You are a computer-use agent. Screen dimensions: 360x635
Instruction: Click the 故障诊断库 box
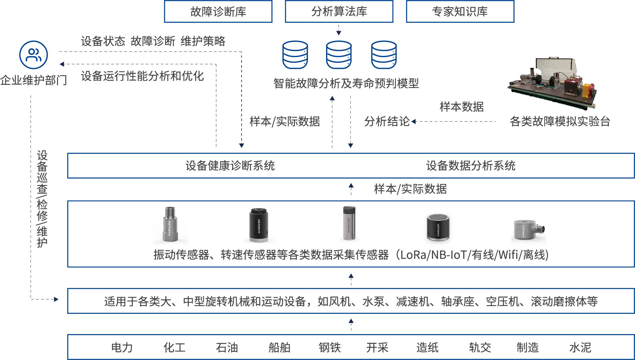coord(218,12)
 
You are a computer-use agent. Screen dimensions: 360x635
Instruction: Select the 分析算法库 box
coord(339,12)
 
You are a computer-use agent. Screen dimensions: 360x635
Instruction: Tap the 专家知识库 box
coord(460,12)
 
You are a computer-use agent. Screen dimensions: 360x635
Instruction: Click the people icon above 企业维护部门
coord(33,55)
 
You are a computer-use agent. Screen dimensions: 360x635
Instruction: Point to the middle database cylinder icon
coord(339,55)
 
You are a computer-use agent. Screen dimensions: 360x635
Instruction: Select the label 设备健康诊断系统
coord(230,166)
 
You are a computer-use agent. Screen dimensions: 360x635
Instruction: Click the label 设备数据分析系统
coord(471,166)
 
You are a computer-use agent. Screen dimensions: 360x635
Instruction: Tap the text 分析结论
coord(387,121)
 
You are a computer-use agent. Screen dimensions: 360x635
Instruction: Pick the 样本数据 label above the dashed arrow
coord(462,107)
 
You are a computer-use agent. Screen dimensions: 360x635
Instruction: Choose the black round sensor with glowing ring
coord(438,229)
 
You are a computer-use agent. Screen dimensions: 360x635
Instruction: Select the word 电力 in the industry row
coord(122,348)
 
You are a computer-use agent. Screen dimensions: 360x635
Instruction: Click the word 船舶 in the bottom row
coord(279,348)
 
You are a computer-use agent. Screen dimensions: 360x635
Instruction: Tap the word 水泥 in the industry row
coord(580,348)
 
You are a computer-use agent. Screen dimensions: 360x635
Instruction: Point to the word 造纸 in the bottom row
coord(427,348)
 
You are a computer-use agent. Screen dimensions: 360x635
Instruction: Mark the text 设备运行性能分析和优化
coord(142,76)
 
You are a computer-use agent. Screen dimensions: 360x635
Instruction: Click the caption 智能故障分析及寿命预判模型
coord(346,83)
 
